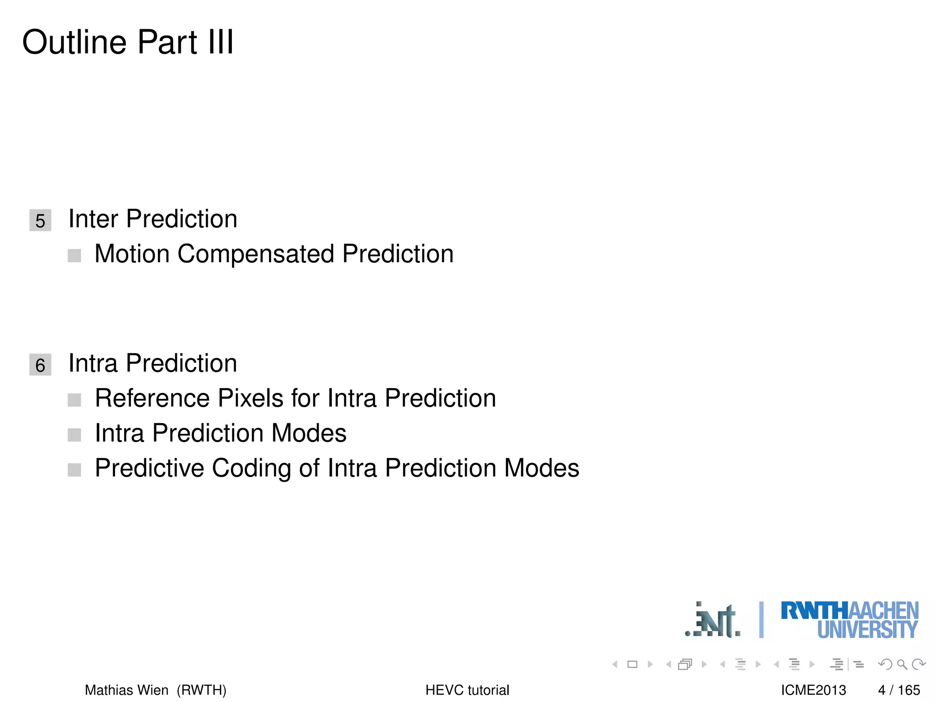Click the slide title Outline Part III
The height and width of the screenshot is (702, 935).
click(x=128, y=42)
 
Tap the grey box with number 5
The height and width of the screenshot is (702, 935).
click(x=40, y=220)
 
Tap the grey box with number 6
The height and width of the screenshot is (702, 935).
click(x=40, y=365)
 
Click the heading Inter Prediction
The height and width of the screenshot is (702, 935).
click(x=152, y=219)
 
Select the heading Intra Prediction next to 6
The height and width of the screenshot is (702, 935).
click(x=152, y=363)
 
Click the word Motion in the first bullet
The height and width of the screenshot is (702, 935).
click(x=132, y=254)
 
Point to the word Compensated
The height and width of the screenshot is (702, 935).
click(x=256, y=254)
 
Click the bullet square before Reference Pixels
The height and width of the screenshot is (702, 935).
click(x=74, y=400)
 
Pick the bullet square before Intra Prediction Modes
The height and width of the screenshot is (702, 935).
click(x=74, y=435)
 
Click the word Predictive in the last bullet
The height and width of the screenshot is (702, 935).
click(x=149, y=468)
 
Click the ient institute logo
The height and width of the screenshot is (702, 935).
click(x=713, y=621)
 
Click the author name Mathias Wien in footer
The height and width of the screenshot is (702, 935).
click(x=126, y=690)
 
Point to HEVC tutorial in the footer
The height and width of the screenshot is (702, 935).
click(x=467, y=690)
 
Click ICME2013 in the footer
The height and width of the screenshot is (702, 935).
click(x=813, y=690)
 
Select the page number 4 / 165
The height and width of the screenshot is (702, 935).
click(x=898, y=690)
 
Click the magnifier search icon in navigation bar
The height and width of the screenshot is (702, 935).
click(x=902, y=664)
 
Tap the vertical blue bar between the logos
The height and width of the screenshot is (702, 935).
click(x=761, y=620)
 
